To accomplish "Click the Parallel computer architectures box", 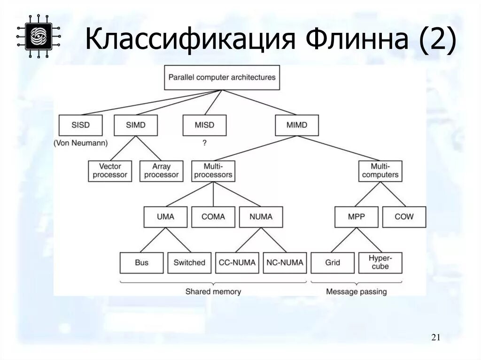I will pos(222,77).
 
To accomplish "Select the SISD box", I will pos(80,125).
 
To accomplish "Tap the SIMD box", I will pos(136,125).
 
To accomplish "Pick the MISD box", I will pos(204,125).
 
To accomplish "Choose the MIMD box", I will pos(296,125).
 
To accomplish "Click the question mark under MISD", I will pos(204,142).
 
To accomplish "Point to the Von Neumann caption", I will pos(80,142).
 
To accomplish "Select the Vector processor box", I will pos(110,171).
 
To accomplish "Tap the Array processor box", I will pos(161,171).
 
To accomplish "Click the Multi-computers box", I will pos(380,171).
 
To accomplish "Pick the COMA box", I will pos(213,217).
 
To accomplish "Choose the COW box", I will pos(404,217).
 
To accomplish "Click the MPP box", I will pos(357,217).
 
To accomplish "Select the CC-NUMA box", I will pos(237,263).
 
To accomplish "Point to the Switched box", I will pos(189,263).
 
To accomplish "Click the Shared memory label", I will pos(213,291).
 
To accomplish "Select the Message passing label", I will pos(357,291).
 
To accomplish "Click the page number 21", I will pos(435,337).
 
